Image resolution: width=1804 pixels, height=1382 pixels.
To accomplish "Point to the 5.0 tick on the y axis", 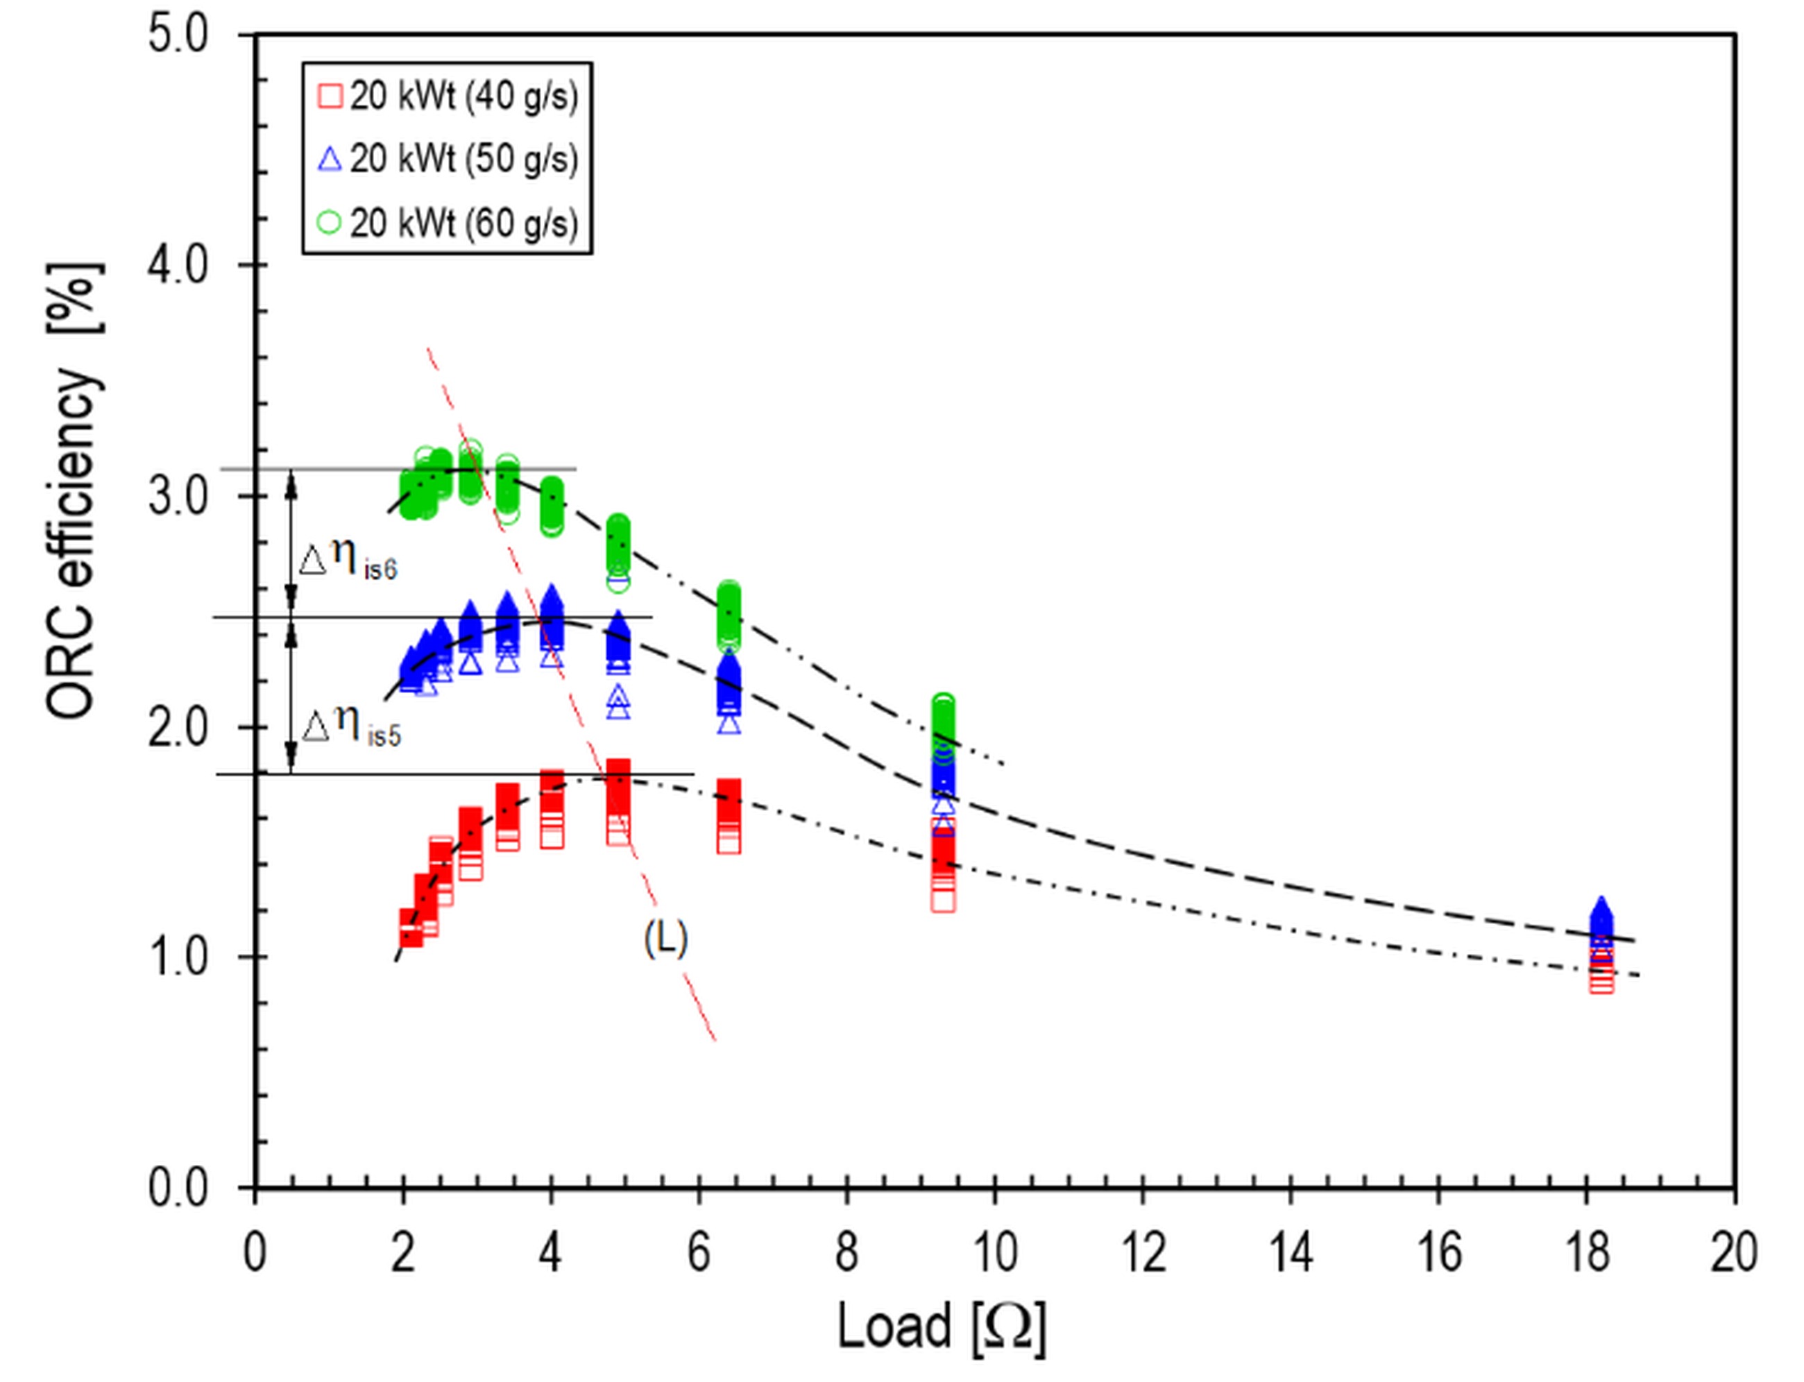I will tap(178, 36).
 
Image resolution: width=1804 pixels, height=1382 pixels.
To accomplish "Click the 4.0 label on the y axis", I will tap(178, 266).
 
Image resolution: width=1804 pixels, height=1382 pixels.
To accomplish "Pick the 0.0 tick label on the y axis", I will tap(178, 1188).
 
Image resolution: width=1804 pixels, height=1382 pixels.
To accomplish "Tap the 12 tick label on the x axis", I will tap(1143, 1253).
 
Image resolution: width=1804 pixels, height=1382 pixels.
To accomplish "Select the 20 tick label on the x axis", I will tap(1734, 1253).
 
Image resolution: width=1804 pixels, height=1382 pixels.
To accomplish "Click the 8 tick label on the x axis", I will tap(847, 1253).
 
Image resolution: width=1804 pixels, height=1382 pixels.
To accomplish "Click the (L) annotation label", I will tap(665, 939).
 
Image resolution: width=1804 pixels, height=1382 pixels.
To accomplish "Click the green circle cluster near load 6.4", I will tap(729, 615).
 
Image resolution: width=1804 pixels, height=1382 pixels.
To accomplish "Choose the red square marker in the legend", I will tap(330, 97).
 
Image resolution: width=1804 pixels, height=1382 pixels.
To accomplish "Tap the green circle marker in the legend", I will tap(330, 223).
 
